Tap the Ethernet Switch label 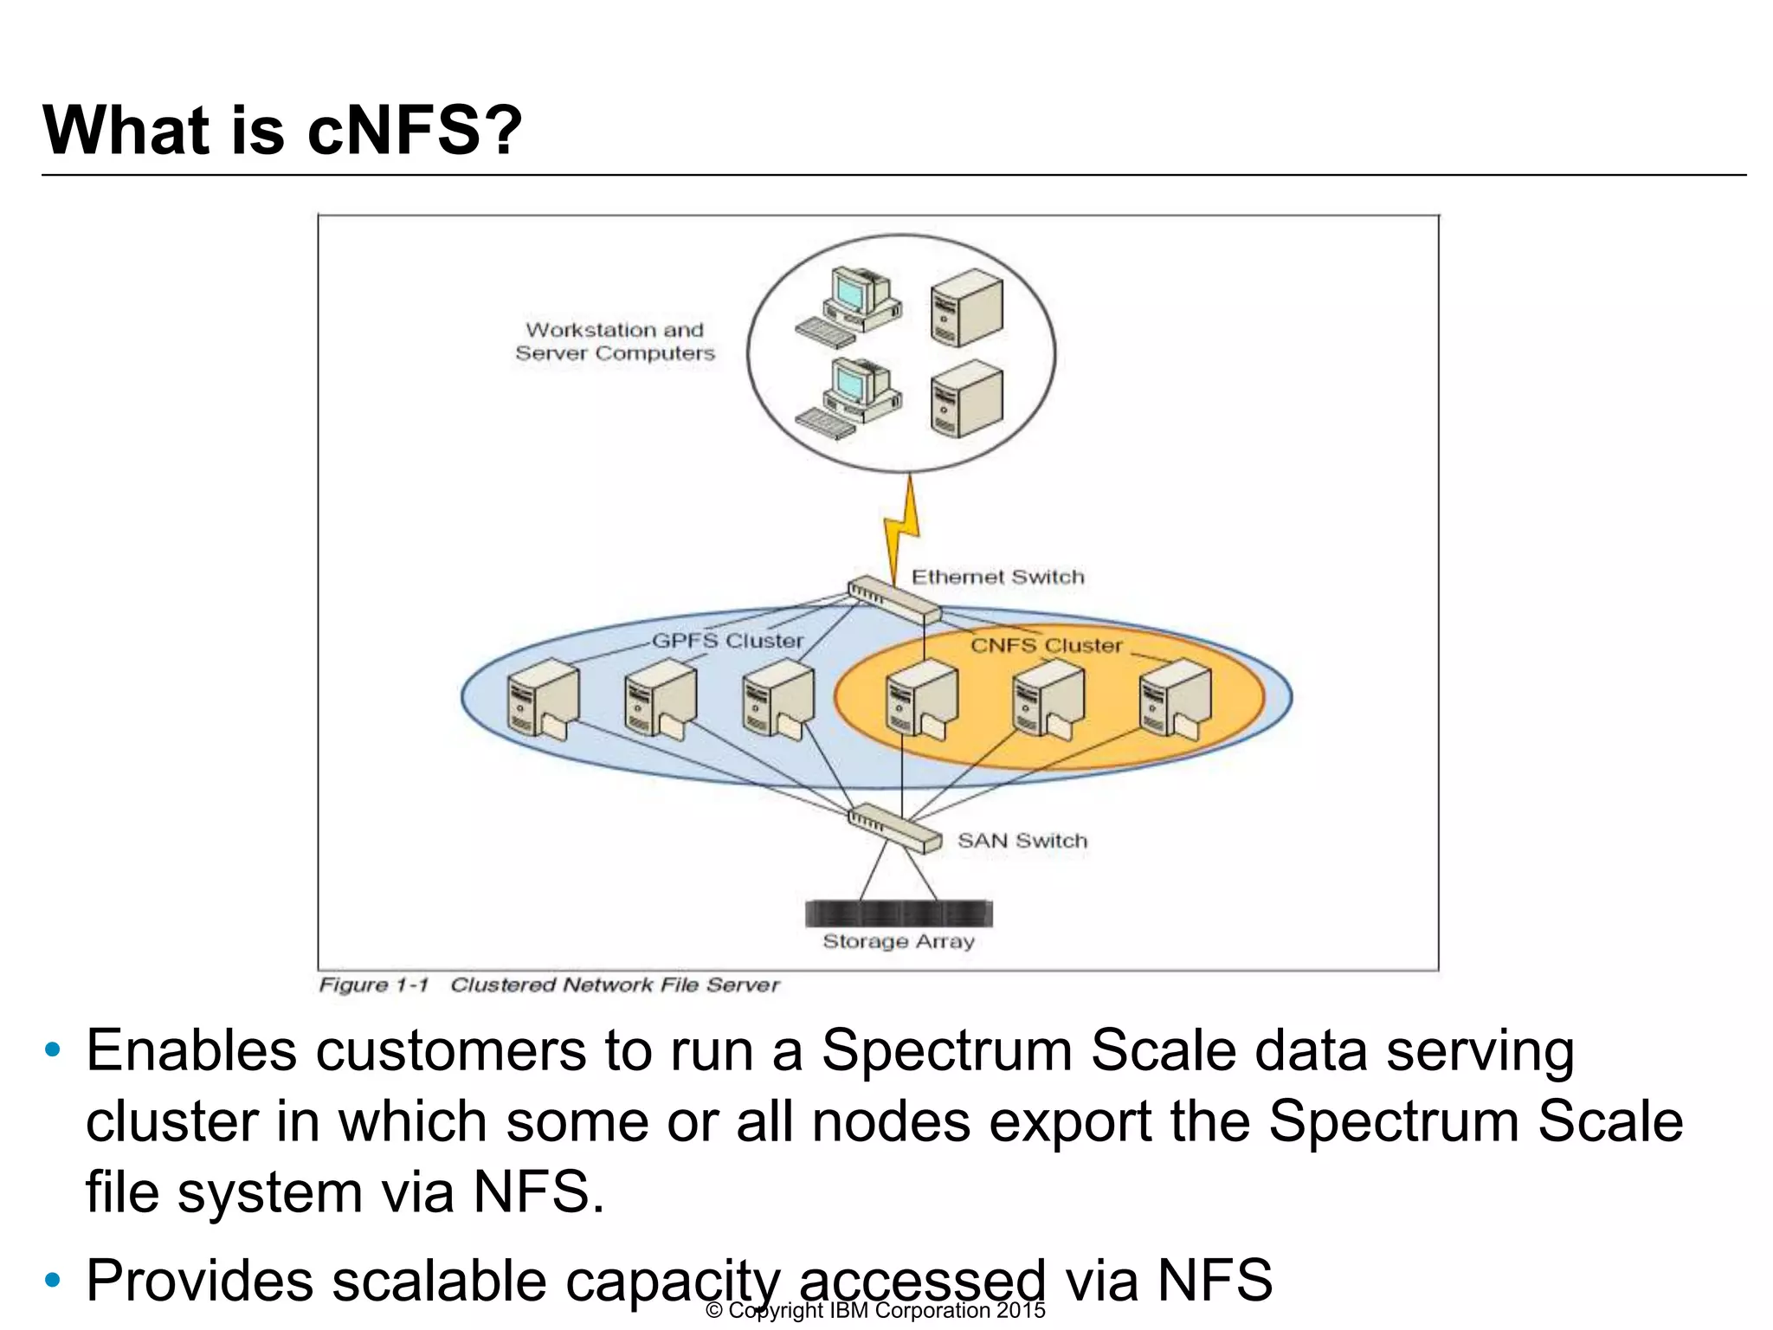(997, 577)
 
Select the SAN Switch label (1022, 841)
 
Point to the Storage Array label (898, 941)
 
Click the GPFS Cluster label (727, 641)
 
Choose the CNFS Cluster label (1046, 645)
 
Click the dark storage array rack (899, 913)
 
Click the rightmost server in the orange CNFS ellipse (1175, 700)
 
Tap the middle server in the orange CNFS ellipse (1048, 700)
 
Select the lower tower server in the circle (967, 400)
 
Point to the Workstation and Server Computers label (615, 341)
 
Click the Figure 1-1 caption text (549, 985)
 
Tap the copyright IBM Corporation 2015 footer (875, 1310)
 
